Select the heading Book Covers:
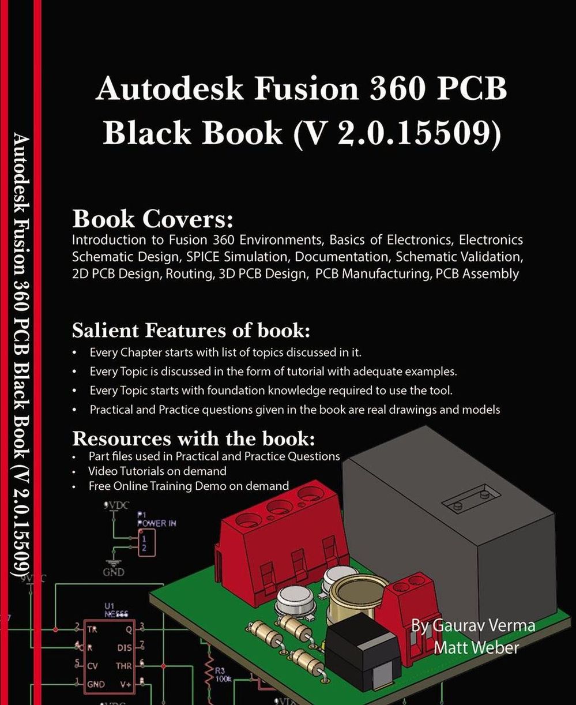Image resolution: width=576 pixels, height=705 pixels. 152,219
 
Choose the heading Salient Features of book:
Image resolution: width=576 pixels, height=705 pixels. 191,331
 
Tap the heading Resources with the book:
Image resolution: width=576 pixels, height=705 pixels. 193,438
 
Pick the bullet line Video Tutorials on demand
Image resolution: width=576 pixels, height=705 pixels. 157,471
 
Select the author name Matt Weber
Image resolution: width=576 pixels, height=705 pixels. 476,647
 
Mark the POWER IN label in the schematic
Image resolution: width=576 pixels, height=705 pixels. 156,523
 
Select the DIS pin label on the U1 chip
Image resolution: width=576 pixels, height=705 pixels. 125,648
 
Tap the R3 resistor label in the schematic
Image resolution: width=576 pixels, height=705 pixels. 220,671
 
